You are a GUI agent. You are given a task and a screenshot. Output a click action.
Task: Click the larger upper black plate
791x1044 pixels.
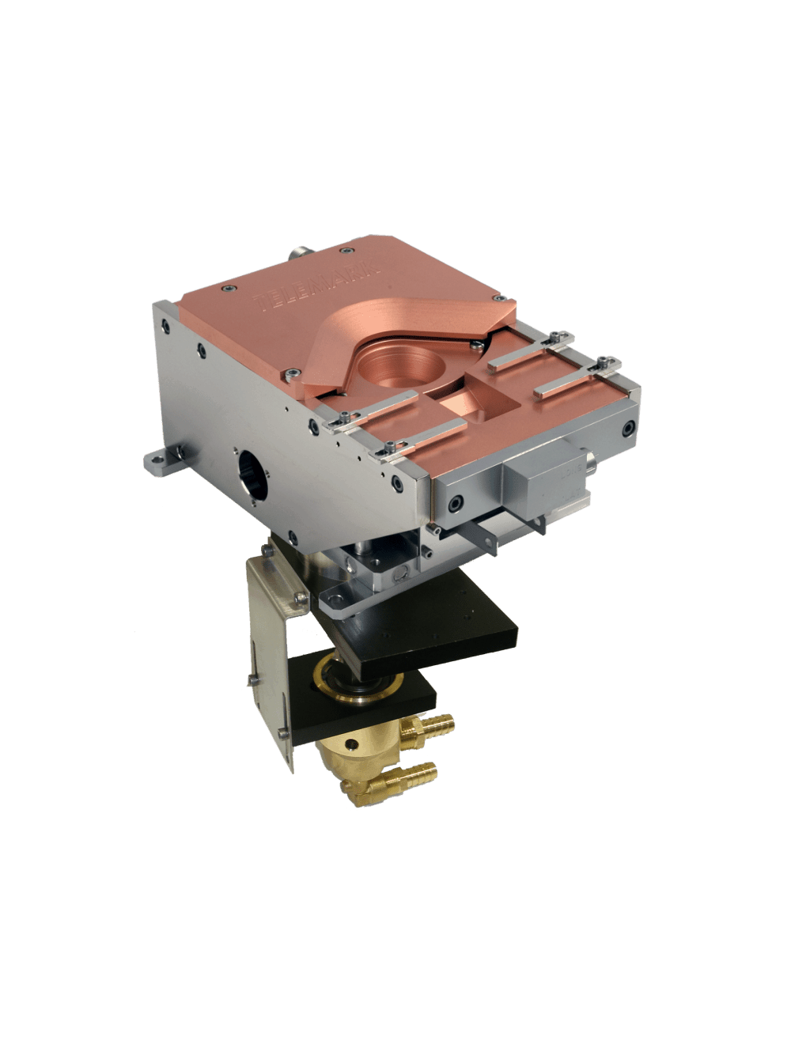[443, 625]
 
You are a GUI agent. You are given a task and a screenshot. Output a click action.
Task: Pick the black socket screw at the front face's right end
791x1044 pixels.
[627, 429]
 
